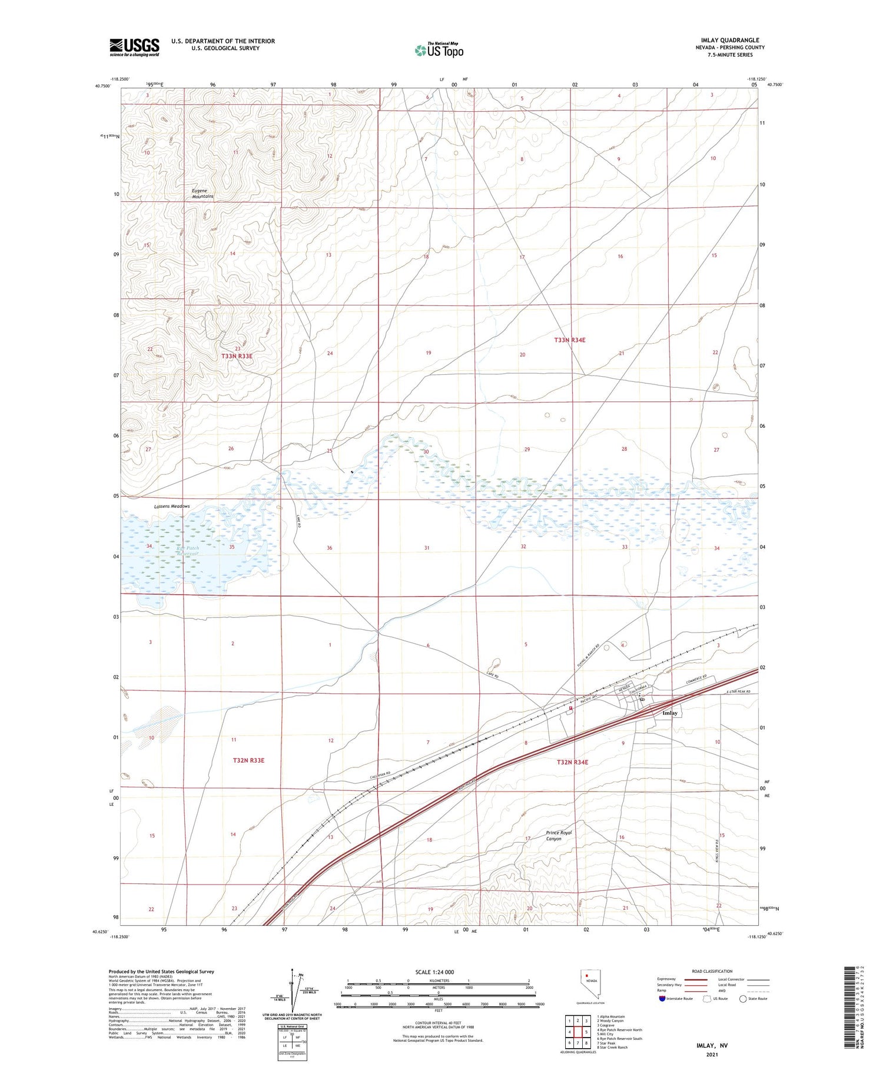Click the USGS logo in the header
(134, 47)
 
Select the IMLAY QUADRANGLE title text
(730, 41)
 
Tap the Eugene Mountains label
(203, 193)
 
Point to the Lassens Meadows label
(172, 506)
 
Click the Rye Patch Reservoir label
(188, 551)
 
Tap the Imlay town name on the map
(670, 713)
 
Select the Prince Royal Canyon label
(558, 836)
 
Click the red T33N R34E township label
(570, 340)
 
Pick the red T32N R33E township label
(248, 760)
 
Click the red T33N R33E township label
(237, 356)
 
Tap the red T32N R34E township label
(572, 762)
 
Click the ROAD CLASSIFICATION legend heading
(712, 971)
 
